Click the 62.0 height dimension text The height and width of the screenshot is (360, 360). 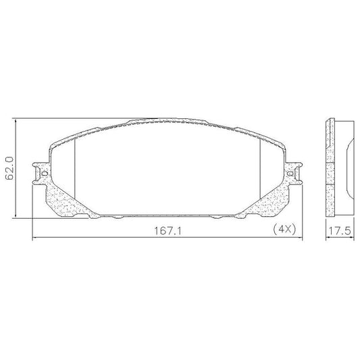pyautogui.click(x=9, y=168)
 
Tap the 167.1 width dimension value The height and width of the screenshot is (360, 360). pyautogui.click(x=168, y=231)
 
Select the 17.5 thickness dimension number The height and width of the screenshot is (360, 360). pyautogui.click(x=340, y=231)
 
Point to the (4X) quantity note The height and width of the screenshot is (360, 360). pyautogui.click(x=284, y=229)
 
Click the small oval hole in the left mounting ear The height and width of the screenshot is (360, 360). pyautogui.click(x=45, y=173)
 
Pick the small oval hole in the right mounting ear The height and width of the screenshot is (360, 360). pyautogui.click(x=290, y=174)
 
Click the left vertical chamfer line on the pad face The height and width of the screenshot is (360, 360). pyautogui.click(x=75, y=169)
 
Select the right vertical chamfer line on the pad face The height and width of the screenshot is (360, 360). pyautogui.click(x=260, y=169)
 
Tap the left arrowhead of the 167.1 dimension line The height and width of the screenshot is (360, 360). pyautogui.click(x=34, y=237)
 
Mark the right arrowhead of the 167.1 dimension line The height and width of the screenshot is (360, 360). pyautogui.click(x=301, y=237)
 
